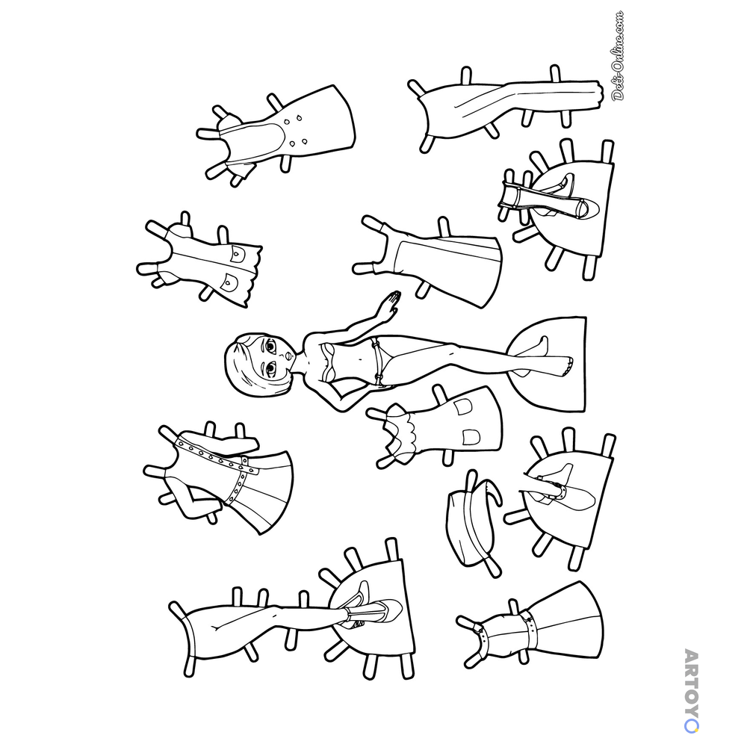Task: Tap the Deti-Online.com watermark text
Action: (x=618, y=55)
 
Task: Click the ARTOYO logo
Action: (x=691, y=690)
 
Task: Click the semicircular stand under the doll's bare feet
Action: (x=548, y=364)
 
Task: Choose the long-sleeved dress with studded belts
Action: (x=219, y=477)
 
